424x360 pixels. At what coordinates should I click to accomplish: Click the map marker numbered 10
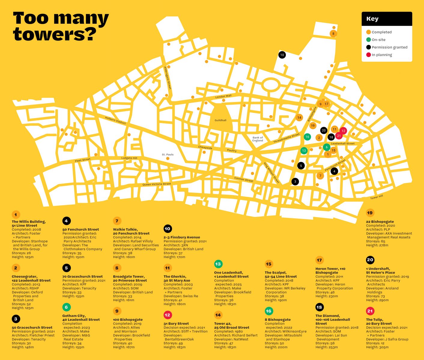pyautogui.click(x=282, y=55)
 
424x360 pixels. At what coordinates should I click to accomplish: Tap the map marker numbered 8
pyautogui.click(x=333, y=34)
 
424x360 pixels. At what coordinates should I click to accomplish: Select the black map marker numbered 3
pyautogui.click(x=295, y=181)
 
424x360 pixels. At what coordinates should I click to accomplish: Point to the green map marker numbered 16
pyautogui.click(x=307, y=137)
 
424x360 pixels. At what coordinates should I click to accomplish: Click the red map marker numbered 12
pyautogui.click(x=343, y=131)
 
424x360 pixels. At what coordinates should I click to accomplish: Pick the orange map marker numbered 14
pyautogui.click(x=299, y=118)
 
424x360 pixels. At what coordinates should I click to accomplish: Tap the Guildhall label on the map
pyautogui.click(x=220, y=120)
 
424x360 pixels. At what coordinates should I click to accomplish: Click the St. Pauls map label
pyautogui.click(x=168, y=155)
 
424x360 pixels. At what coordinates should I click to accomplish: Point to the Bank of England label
pyautogui.click(x=258, y=139)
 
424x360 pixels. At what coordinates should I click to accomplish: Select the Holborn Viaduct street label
pyautogui.click(x=115, y=120)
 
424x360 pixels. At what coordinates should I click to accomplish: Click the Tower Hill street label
pyautogui.click(x=377, y=197)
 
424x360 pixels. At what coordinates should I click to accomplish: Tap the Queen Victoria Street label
pyautogui.click(x=156, y=184)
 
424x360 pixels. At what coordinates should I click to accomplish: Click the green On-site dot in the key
pyautogui.click(x=368, y=40)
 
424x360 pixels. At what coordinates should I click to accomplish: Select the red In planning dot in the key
pyautogui.click(x=368, y=55)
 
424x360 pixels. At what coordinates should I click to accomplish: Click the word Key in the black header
pyautogui.click(x=372, y=19)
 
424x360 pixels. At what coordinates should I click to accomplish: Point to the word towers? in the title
pyautogui.click(x=55, y=34)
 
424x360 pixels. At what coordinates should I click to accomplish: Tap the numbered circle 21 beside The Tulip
pyautogui.click(x=370, y=311)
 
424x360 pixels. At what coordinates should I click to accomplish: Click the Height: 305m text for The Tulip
pyautogui.click(x=377, y=347)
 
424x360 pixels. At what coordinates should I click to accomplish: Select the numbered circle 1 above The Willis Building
pyautogui.click(x=16, y=215)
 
